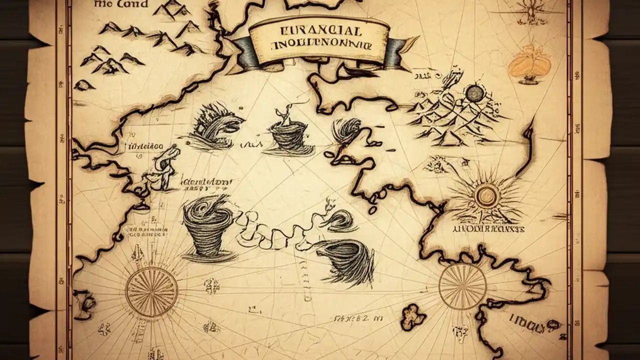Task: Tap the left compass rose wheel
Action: [151, 291]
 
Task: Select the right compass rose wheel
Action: [462, 286]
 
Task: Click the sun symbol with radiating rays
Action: [486, 196]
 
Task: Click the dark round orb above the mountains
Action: [475, 93]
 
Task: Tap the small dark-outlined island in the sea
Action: [413, 315]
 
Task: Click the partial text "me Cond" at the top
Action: [121, 4]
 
